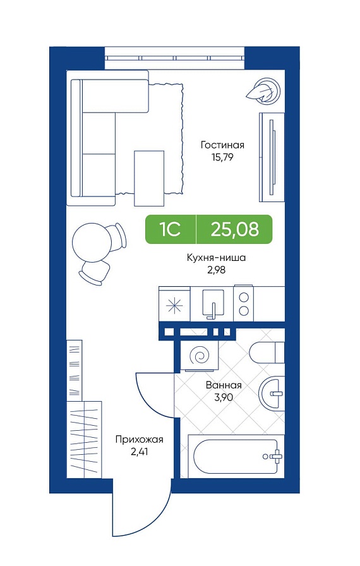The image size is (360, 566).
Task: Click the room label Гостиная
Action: pyautogui.click(x=222, y=145)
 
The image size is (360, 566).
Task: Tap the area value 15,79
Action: pyautogui.click(x=222, y=157)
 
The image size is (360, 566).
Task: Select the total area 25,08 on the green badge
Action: pyautogui.click(x=235, y=229)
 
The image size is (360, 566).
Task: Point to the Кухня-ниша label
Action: pyautogui.click(x=216, y=258)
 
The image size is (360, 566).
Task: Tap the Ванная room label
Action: pyautogui.click(x=224, y=385)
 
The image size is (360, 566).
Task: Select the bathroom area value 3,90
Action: pyautogui.click(x=224, y=397)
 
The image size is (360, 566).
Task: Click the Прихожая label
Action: pyautogui.click(x=139, y=440)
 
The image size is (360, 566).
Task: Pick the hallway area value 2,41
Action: pyautogui.click(x=139, y=452)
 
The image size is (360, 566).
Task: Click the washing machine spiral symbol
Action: pyautogui.click(x=200, y=356)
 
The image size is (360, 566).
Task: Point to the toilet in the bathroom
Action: pyautogui.click(x=267, y=352)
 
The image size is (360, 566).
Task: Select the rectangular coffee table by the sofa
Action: pyautogui.click(x=149, y=178)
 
